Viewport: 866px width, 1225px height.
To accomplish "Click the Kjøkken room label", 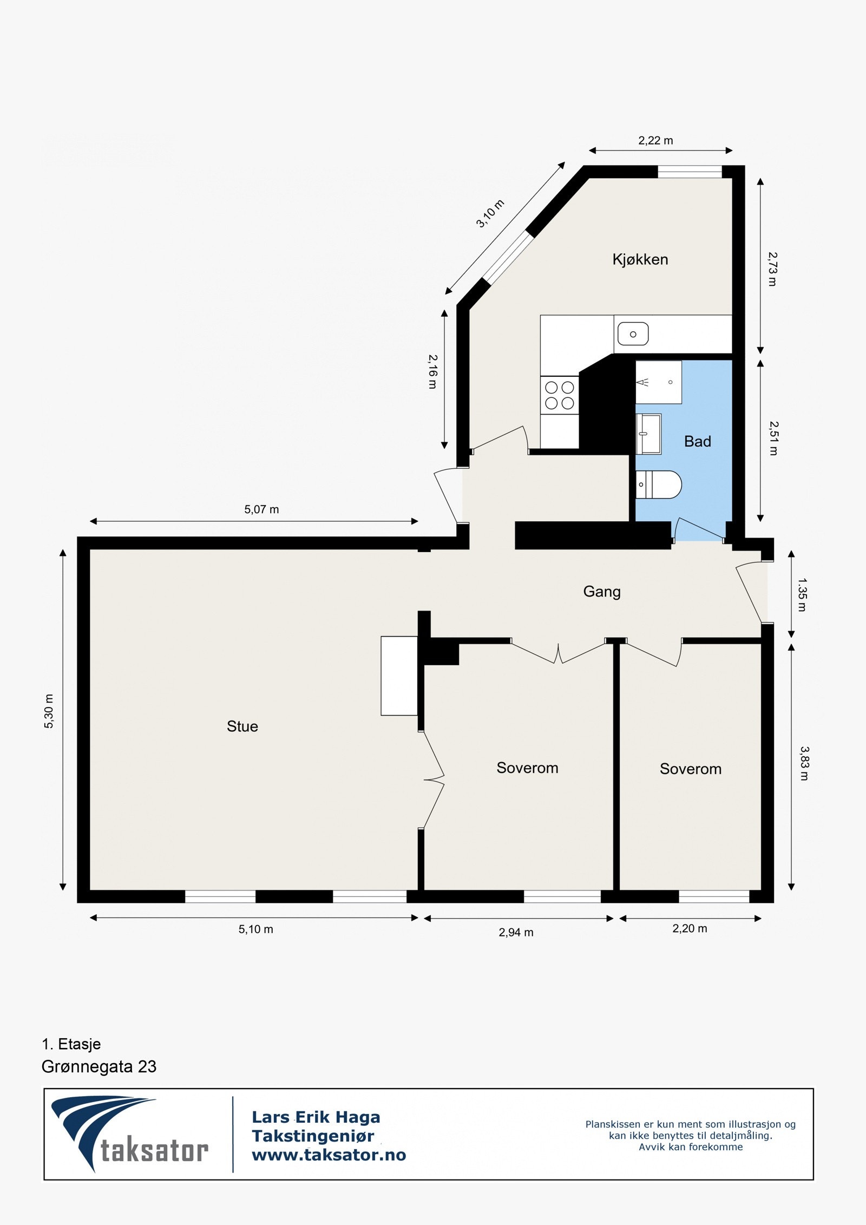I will click(x=640, y=259).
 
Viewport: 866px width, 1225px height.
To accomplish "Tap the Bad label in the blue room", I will click(x=697, y=441).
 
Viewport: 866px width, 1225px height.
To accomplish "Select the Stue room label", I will click(x=242, y=726).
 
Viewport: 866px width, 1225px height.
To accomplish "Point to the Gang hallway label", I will click(x=601, y=591).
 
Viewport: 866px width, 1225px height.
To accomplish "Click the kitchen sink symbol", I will click(x=633, y=333).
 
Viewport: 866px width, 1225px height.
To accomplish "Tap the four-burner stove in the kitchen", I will click(x=559, y=395).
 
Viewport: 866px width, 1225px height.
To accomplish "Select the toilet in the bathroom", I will click(x=658, y=484).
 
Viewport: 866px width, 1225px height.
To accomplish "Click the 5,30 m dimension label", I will click(x=49, y=711).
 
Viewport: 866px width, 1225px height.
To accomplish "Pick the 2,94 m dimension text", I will click(x=516, y=932).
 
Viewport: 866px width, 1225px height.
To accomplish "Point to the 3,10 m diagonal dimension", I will click(x=490, y=214).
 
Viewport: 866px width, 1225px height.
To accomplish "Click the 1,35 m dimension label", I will click(x=802, y=595).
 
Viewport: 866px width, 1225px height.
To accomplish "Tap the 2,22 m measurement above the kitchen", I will click(x=655, y=141).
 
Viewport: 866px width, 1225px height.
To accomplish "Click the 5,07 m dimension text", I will click(x=261, y=509).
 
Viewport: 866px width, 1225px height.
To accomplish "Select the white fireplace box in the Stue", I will click(x=399, y=676).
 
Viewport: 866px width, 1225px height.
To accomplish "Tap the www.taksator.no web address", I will click(x=329, y=1155).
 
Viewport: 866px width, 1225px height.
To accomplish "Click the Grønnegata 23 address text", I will click(x=99, y=1066).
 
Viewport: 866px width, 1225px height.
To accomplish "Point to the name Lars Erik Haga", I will click(x=316, y=1117).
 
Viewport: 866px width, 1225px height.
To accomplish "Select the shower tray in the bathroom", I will click(x=658, y=382).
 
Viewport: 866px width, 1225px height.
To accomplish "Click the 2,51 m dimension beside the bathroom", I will click(x=773, y=438).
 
